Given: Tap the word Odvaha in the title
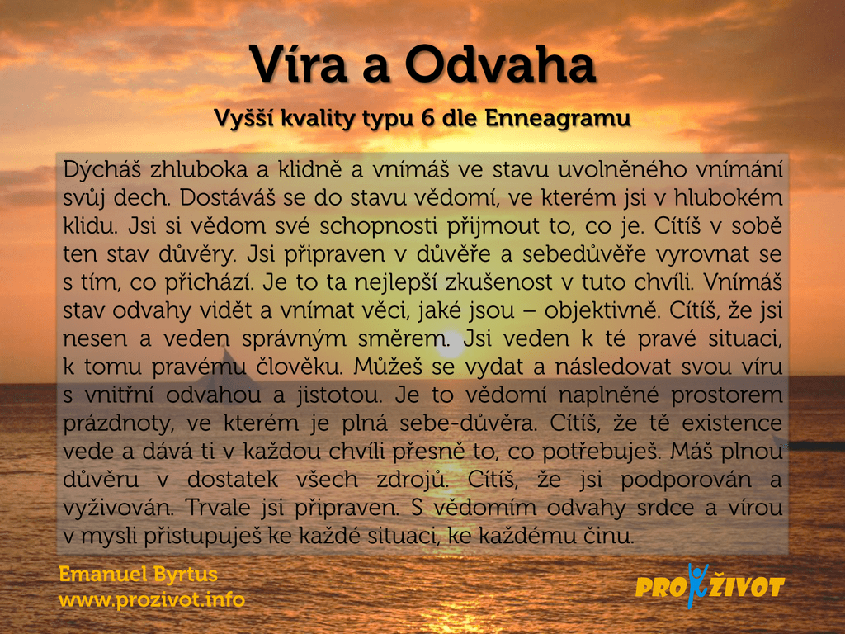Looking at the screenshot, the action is pyautogui.click(x=500, y=64).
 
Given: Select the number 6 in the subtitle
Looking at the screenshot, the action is pyautogui.click(x=428, y=118).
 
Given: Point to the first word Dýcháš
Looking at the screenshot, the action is pyautogui.click(x=101, y=170).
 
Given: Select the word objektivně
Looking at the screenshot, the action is pyautogui.click(x=602, y=311).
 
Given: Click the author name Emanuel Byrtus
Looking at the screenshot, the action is pyautogui.click(x=138, y=575).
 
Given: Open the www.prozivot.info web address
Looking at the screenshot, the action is pyautogui.click(x=152, y=599).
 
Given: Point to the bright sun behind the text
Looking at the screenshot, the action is pyautogui.click(x=449, y=346).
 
